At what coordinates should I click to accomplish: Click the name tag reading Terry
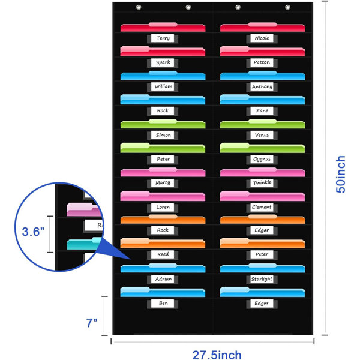click(163, 38)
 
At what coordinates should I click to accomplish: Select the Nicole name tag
click(262, 38)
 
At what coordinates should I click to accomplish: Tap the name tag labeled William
click(163, 86)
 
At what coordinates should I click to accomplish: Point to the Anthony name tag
click(262, 86)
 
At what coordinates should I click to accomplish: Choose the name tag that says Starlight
click(262, 279)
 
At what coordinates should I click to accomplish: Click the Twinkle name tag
click(262, 183)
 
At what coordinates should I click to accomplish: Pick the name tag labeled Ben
click(163, 303)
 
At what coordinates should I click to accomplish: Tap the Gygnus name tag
click(262, 159)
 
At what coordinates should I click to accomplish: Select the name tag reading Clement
click(262, 207)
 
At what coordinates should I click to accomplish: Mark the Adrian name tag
click(163, 279)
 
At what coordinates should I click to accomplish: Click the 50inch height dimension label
click(340, 174)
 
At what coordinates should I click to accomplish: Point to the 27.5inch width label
click(217, 355)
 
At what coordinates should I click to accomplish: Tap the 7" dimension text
click(92, 323)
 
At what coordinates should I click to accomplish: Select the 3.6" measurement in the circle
click(33, 232)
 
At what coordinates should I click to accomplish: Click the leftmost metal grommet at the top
click(139, 7)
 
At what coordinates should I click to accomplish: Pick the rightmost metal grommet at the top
click(287, 7)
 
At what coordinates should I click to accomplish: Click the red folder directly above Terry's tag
click(163, 27)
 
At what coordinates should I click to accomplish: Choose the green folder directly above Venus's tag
click(262, 124)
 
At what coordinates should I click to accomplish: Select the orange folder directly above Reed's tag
click(163, 243)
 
